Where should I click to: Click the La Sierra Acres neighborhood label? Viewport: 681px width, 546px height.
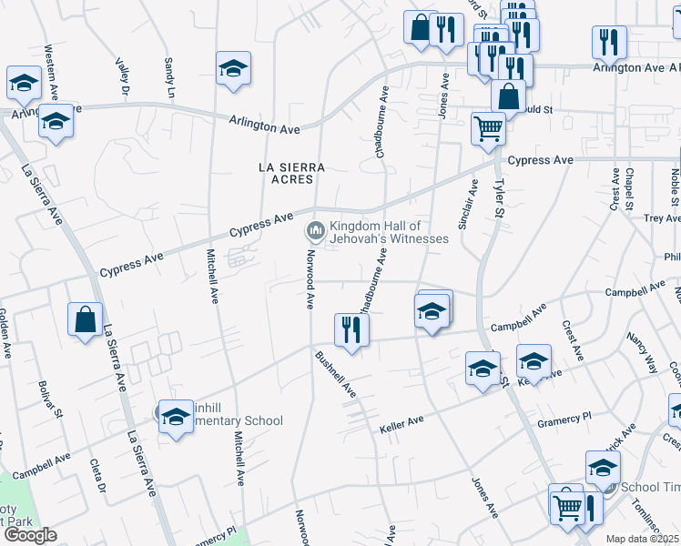291,173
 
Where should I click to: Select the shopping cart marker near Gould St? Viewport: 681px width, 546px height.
488,128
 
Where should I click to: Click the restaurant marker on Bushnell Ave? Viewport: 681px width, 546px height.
351,329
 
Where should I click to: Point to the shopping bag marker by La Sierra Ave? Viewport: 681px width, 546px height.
85,319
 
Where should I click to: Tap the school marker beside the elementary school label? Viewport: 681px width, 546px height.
176,416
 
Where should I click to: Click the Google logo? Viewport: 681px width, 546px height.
31,534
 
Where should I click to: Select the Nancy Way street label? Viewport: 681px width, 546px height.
641,352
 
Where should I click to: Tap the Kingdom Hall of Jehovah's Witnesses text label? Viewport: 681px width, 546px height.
389,232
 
